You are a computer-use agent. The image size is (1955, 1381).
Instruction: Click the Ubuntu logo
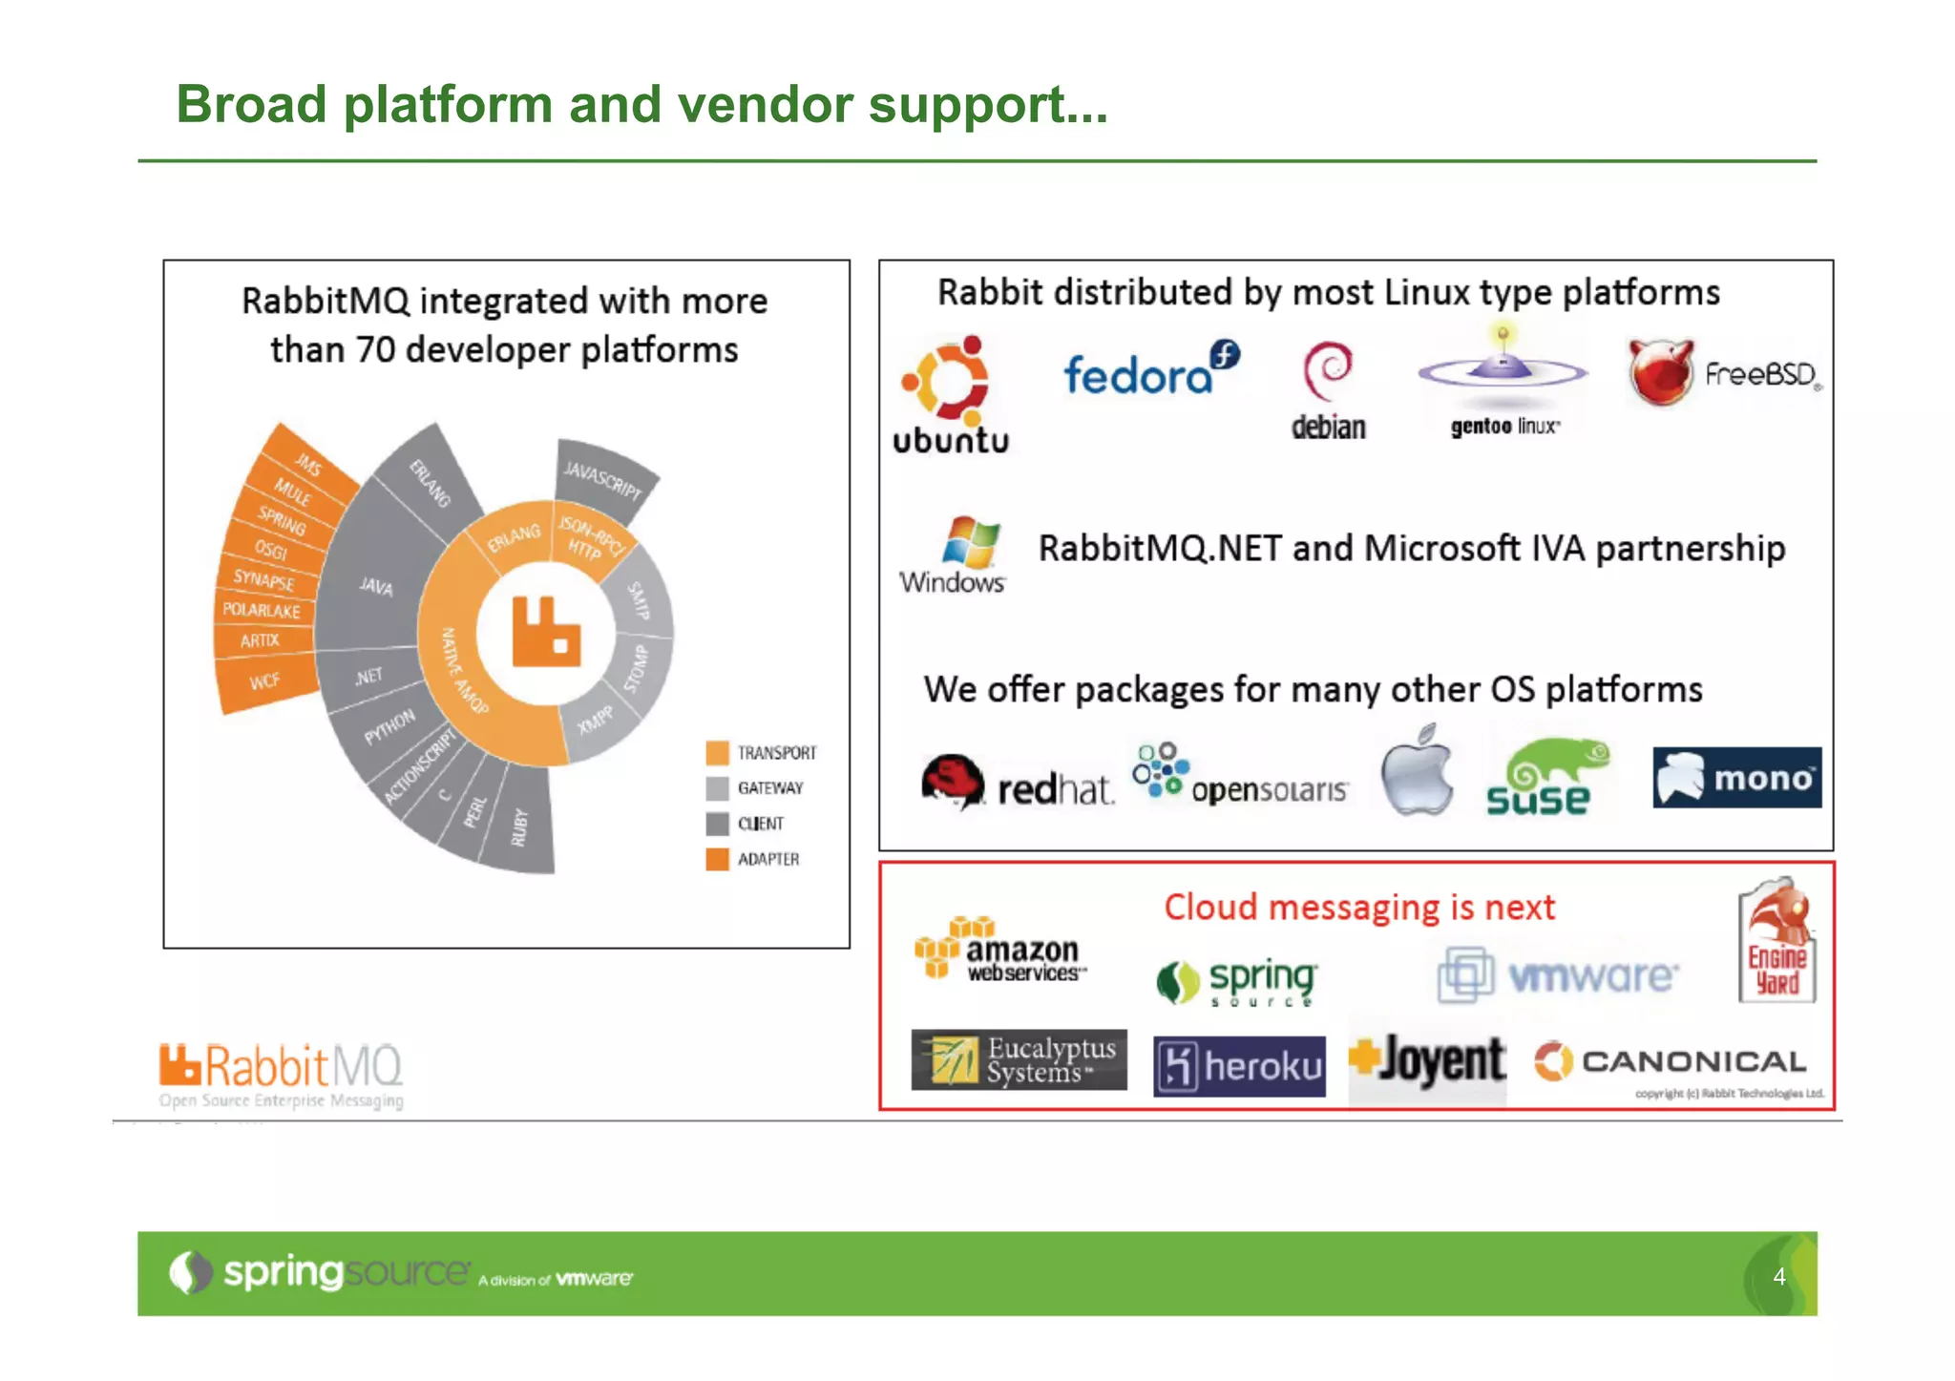pyautogui.click(x=949, y=393)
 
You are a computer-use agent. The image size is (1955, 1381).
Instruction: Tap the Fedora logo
pyautogui.click(x=1149, y=370)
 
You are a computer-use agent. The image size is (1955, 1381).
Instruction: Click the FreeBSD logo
pyautogui.click(x=1724, y=373)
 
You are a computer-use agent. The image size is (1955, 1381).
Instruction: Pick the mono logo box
pyautogui.click(x=1736, y=778)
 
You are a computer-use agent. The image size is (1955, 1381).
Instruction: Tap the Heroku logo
pyautogui.click(x=1239, y=1066)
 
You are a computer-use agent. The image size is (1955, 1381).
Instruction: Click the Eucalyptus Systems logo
pyautogui.click(x=1019, y=1060)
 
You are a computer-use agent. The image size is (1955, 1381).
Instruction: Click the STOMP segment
pyautogui.click(x=638, y=667)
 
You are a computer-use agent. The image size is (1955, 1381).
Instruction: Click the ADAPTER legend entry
pyautogui.click(x=754, y=859)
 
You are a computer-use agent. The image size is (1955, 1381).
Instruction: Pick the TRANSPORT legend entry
pyautogui.click(x=762, y=753)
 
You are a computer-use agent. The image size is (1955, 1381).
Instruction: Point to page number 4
pyautogui.click(x=1778, y=1276)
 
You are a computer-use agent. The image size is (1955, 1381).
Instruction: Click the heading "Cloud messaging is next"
pyautogui.click(x=1358, y=907)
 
